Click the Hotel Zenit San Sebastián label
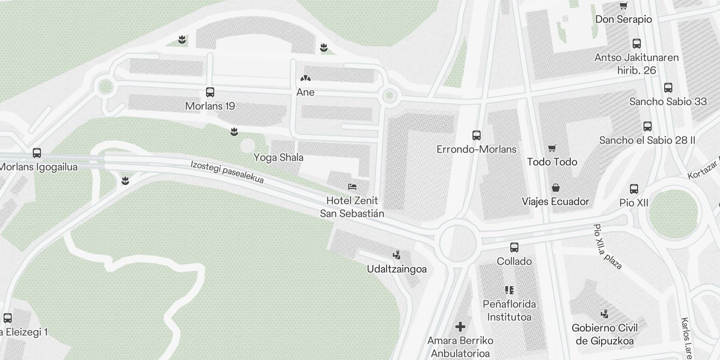(352, 207)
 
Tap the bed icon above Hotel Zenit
(352, 187)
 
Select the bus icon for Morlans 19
(210, 92)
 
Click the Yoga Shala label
(278, 157)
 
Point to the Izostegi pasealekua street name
(227, 172)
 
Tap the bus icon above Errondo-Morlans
(477, 135)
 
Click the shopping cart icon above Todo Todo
(552, 148)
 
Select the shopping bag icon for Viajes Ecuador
(556, 188)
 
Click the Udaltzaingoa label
(396, 269)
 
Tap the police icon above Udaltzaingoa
(396, 255)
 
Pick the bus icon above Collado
(514, 247)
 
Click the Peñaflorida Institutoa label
(509, 310)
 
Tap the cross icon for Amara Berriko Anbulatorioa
(460, 327)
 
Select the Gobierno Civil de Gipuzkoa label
(604, 334)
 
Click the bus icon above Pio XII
(634, 189)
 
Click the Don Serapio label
(623, 19)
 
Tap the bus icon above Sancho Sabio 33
(668, 88)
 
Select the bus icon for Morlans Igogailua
(37, 153)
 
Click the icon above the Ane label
(306, 79)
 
